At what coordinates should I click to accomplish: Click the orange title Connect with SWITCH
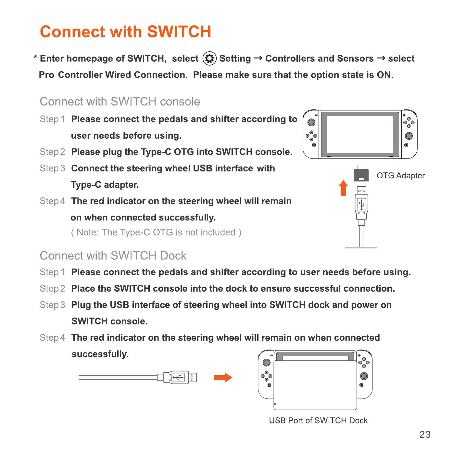125,32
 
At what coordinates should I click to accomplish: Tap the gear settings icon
209,58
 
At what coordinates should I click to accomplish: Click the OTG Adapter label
400,176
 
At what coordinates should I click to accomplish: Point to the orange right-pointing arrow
223,377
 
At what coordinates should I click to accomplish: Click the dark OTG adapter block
361,174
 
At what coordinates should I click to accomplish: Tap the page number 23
425,434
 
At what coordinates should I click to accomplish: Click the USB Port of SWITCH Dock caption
318,421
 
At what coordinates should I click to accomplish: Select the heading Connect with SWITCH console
120,102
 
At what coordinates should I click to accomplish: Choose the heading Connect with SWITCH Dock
113,256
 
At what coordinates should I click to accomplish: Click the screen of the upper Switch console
360,134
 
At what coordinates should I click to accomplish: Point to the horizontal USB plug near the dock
180,377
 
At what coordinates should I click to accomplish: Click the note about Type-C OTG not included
156,233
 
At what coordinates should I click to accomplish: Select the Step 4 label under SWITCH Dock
52,338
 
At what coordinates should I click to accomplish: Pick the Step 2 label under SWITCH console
52,152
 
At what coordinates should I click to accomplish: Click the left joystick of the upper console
311,122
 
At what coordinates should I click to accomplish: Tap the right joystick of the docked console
364,376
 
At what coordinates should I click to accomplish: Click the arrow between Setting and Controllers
258,58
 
